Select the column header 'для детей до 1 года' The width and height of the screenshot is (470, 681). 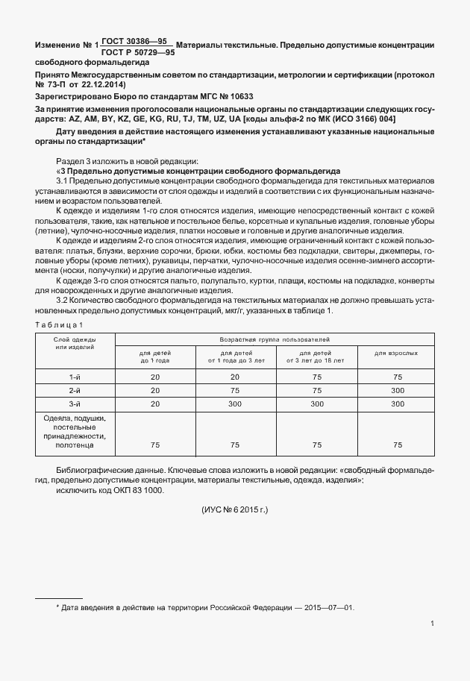[154, 355]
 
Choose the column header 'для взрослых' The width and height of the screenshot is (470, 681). [395, 351]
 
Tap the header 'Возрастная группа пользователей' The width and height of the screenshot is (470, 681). [276, 339]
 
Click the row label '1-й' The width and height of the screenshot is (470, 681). [74, 377]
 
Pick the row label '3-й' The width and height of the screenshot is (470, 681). [74, 403]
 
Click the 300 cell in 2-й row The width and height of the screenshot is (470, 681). [396, 390]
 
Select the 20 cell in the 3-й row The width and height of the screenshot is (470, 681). [154, 403]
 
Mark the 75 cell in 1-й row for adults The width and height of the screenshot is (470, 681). [396, 377]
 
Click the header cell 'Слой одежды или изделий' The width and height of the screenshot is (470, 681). [74, 344]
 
